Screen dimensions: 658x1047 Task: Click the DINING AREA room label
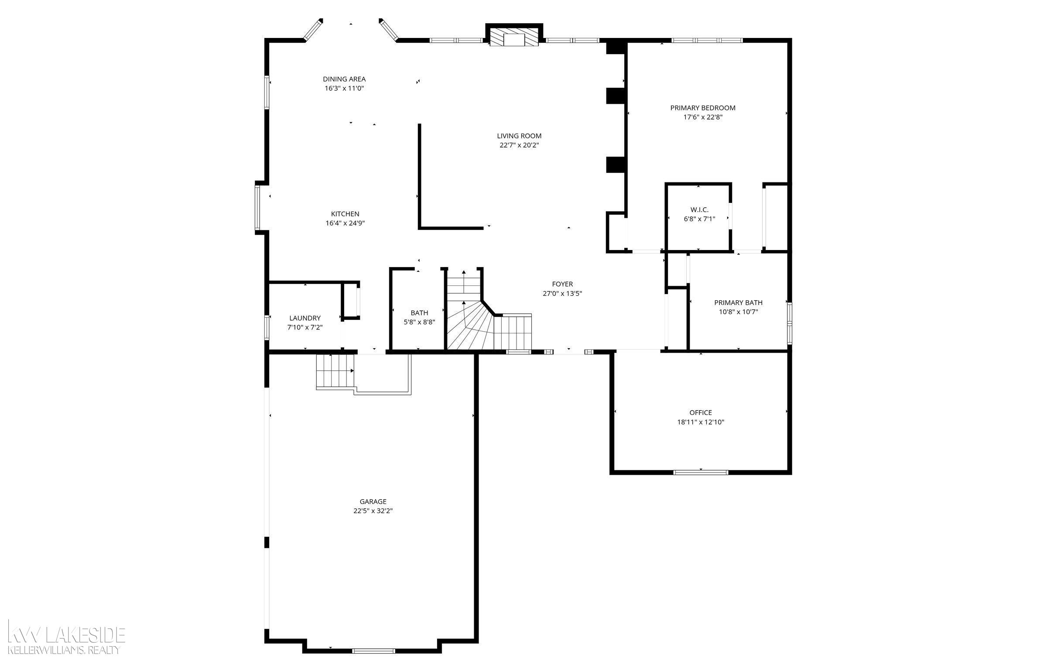(344, 79)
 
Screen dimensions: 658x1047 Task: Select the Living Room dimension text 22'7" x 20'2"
(519, 145)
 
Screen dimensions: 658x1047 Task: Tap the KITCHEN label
(345, 214)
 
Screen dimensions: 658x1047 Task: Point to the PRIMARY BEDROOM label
(703, 108)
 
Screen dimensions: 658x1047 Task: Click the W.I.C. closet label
(699, 210)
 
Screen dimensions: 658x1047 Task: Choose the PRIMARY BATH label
(738, 302)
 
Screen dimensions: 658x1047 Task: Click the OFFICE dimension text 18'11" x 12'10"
(701, 422)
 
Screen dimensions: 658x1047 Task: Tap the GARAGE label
(373, 502)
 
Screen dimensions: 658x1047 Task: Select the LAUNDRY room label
(305, 318)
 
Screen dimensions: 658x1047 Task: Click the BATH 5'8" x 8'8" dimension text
(419, 322)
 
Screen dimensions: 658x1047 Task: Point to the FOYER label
(562, 284)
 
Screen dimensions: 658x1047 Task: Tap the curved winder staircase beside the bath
(469, 327)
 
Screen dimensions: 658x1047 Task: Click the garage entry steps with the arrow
(335, 371)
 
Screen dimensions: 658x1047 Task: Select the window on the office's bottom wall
(701, 472)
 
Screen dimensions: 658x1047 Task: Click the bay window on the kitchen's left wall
(258, 208)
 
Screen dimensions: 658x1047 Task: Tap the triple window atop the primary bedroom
(707, 41)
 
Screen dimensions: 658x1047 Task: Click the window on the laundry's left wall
(267, 327)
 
